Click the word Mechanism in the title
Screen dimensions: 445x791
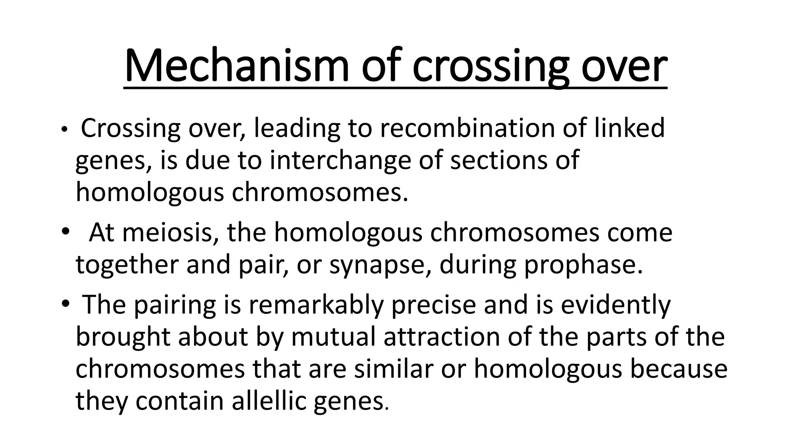[x=236, y=66]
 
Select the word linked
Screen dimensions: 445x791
[x=629, y=129]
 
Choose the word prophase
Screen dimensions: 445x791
[x=583, y=265]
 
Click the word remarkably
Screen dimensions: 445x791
[x=316, y=305]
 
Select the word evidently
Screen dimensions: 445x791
[x=616, y=305]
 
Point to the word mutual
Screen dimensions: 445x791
[x=333, y=337]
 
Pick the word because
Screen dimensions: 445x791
[x=679, y=369]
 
